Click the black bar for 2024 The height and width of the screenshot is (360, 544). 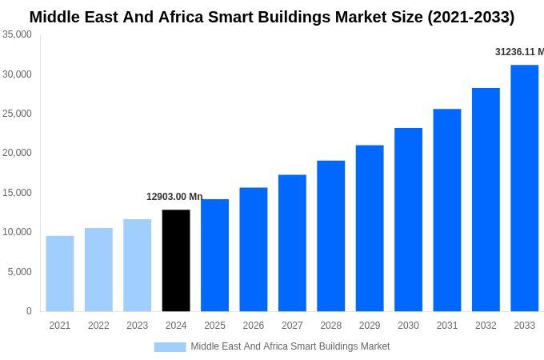coord(176,260)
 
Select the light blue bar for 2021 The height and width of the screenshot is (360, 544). coord(60,273)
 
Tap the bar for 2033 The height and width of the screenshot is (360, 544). coord(524,188)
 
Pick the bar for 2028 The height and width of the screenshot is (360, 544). coord(330,236)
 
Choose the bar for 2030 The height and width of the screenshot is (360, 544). coord(408,219)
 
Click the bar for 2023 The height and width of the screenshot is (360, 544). coord(138,265)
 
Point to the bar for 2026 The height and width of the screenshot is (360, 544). coord(254,249)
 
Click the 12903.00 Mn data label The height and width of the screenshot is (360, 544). coord(174,197)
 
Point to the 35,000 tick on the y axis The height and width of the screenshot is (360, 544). coord(18,34)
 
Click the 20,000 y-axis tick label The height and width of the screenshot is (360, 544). coord(18,153)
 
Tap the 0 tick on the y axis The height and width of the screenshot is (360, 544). coord(29,311)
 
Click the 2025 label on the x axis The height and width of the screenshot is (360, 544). coord(214,326)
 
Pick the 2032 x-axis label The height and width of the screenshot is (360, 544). coord(486,326)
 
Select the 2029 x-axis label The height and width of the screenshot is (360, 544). coord(370,326)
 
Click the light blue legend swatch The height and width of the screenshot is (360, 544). coord(170,347)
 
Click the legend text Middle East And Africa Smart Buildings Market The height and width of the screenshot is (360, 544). coord(290,346)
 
